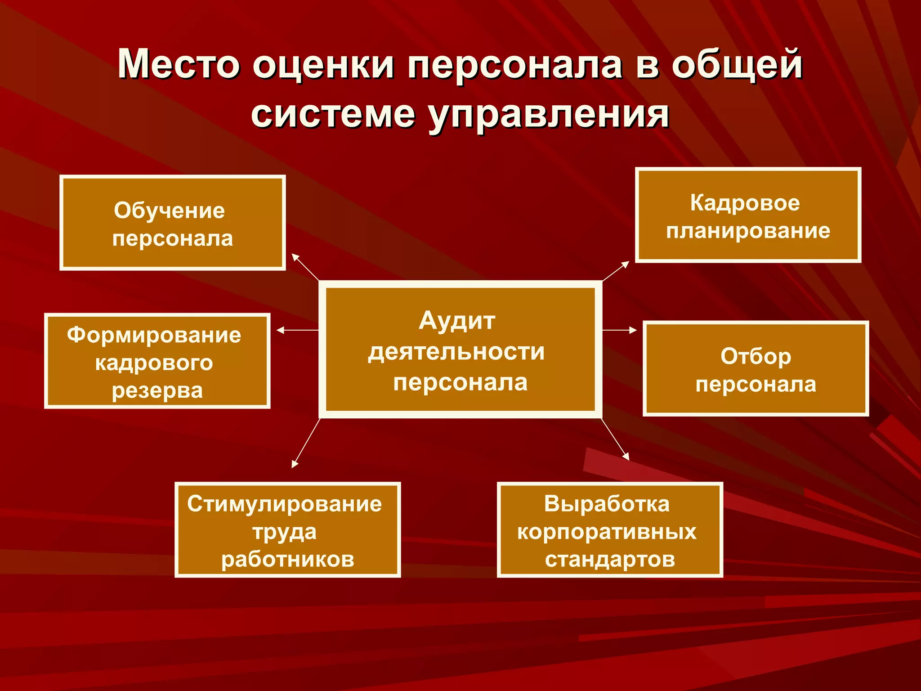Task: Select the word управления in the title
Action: [x=549, y=115]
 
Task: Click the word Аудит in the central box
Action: [x=457, y=321]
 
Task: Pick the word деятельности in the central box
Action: [x=456, y=352]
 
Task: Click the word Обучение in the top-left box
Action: [x=169, y=211]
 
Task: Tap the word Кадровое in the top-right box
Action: [x=745, y=203]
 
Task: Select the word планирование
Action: [x=748, y=231]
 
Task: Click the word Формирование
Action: [x=154, y=335]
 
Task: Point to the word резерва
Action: [x=157, y=390]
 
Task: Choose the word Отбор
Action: [x=756, y=356]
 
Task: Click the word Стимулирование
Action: [x=285, y=504]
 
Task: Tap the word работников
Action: [x=288, y=560]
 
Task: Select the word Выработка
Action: [x=607, y=504]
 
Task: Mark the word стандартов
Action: [x=610, y=560]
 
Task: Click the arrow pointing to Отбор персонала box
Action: [x=619, y=330]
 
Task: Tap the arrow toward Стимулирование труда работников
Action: [x=306, y=443]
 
